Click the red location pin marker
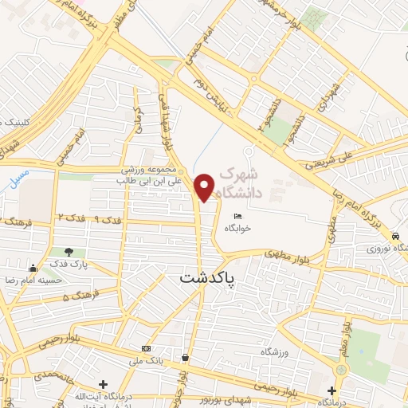pos(205,186)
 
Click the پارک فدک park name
pos(67,264)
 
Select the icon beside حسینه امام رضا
pos(33,268)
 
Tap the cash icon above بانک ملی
pos(146,349)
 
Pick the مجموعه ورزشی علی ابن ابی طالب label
pos(152,175)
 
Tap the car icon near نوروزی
pos(395,237)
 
